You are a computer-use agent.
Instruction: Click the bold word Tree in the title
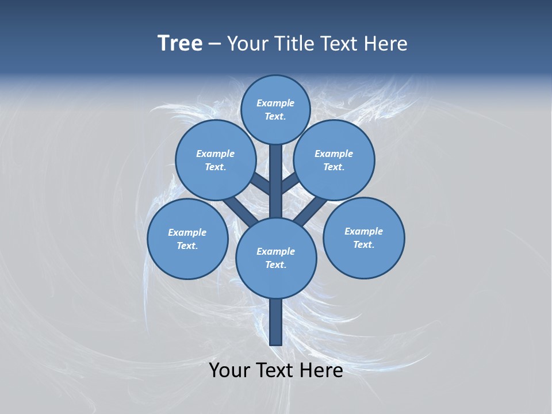[180, 43]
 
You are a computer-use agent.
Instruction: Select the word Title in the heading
[293, 43]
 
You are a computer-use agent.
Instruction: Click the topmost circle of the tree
[275, 109]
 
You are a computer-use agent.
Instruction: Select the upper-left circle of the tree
[215, 160]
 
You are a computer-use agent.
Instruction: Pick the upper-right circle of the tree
[334, 160]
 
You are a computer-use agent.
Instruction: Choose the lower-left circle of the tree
[187, 239]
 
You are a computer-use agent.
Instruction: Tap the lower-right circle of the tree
[364, 237]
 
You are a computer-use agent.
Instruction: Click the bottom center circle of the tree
[276, 258]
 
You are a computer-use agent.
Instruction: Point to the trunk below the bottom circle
[276, 322]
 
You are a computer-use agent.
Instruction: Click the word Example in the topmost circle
[275, 103]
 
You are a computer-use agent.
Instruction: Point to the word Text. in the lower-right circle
[364, 244]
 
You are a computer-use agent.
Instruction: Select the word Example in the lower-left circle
[187, 232]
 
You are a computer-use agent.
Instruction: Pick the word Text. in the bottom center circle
[276, 264]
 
